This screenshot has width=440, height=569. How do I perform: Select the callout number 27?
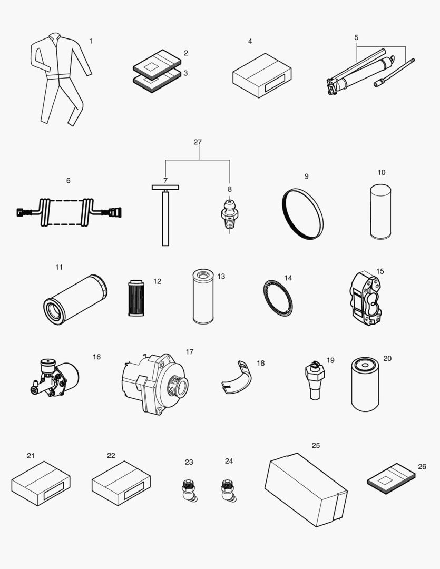[198, 142]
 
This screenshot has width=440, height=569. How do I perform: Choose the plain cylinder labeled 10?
[380, 212]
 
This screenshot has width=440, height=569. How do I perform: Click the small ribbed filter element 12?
[136, 298]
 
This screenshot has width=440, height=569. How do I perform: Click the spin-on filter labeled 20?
[365, 384]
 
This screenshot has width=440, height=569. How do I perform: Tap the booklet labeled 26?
[391, 478]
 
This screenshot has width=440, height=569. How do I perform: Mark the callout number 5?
[356, 37]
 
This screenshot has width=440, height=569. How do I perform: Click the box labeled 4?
[262, 75]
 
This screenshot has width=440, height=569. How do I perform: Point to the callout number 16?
[96, 357]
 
